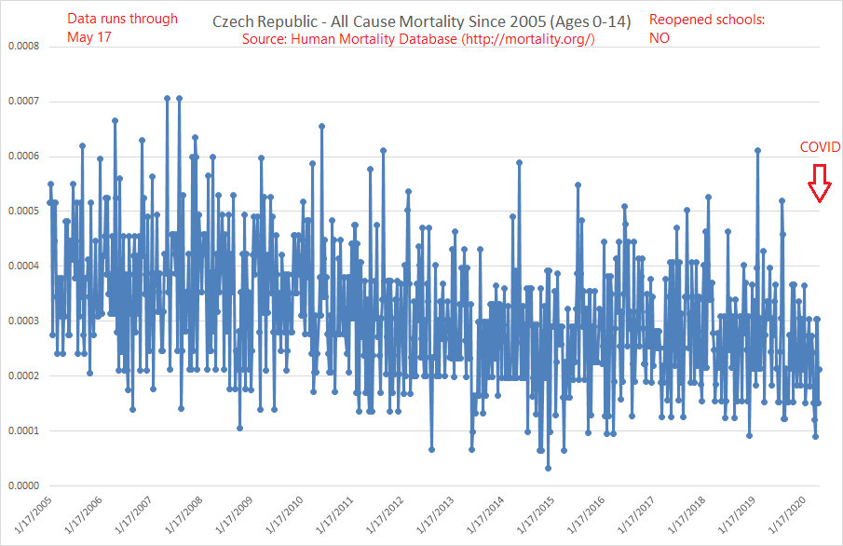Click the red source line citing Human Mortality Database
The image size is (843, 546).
pos(418,39)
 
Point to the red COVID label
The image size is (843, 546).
pos(820,147)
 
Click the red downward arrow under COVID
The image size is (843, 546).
pos(819,184)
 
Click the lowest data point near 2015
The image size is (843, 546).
pos(548,468)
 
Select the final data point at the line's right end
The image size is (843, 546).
pos(819,369)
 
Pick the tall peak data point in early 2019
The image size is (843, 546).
pos(758,150)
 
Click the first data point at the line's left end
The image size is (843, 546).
pos(49,202)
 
